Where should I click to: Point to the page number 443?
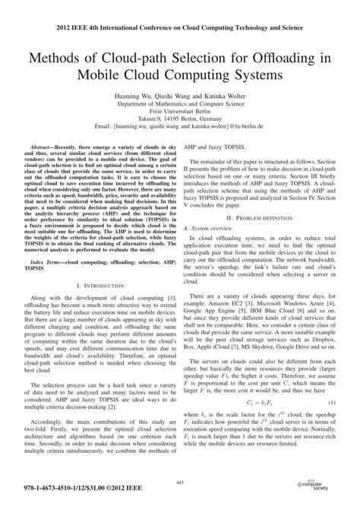pyautogui.click(x=180, y=483)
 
